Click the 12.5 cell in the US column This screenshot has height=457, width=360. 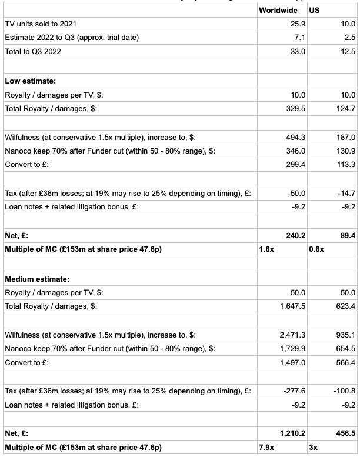347,51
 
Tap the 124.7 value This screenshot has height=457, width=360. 345,108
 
